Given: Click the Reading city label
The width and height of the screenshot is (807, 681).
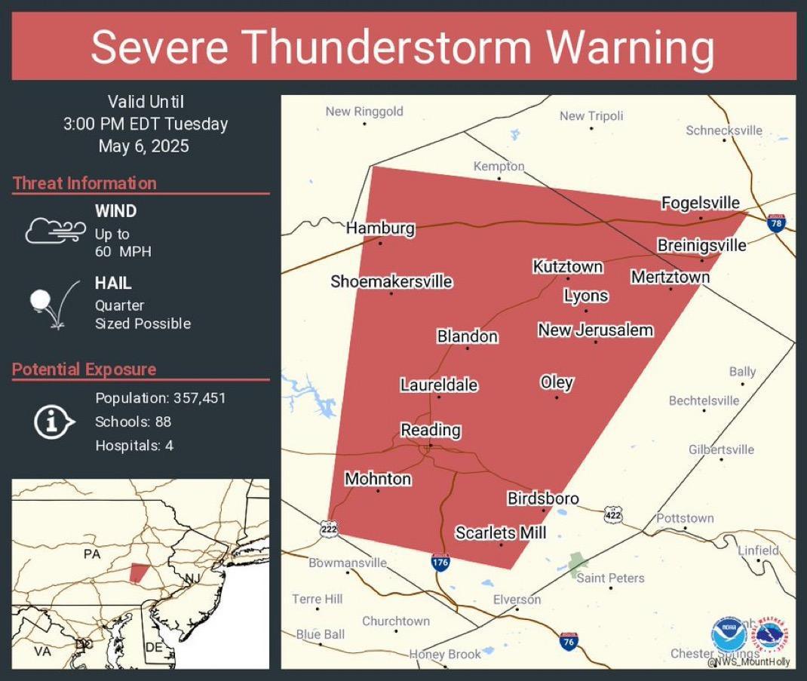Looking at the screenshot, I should pos(430,430).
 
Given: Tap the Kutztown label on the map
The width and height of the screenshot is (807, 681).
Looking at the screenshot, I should pos(567,266).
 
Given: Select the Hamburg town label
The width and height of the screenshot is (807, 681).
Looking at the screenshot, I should pos(380,228).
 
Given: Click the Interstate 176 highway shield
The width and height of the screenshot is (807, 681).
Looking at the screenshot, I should pos(441,562).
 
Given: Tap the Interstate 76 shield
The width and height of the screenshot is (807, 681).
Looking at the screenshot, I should pos(569,642).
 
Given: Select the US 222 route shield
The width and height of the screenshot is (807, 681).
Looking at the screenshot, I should pos(328,528).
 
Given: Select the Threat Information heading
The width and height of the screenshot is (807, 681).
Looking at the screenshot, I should pos(84,183).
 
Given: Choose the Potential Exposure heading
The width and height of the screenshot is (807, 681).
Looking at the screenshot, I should pos(84,370).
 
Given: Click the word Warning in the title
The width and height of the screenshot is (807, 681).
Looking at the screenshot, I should pos(630,47).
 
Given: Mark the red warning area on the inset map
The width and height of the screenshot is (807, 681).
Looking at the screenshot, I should pos(138,572).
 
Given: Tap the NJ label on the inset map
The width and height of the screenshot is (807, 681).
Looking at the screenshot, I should pos(194,578).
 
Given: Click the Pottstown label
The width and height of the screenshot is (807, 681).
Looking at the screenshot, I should pos(684,518).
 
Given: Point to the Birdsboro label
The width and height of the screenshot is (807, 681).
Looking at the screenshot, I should pos(542,498).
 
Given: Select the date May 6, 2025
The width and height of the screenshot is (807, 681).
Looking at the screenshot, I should pos(144,146).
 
